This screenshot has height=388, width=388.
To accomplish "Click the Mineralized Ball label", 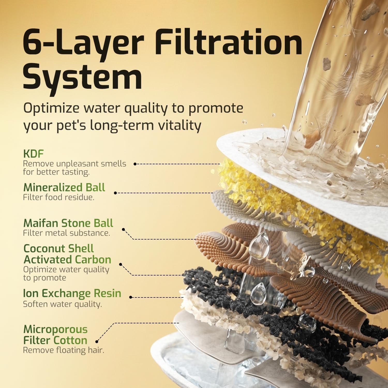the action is (64, 187).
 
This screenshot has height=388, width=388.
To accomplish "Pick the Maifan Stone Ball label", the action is (68, 223).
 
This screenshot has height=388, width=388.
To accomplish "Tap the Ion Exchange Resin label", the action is (72, 293).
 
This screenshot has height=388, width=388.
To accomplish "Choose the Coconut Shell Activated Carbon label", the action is (67, 254).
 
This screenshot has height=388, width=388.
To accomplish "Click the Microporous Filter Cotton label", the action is (56, 335).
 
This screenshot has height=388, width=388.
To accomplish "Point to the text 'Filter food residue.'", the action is (59, 197).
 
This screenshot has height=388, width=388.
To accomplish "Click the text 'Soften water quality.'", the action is (62, 304).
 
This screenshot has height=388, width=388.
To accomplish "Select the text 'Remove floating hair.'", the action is (63, 350).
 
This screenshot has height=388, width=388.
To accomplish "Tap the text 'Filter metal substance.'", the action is (66, 233).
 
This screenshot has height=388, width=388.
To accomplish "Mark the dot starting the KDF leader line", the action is (135, 164).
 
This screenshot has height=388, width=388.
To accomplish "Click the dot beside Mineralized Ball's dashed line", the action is (115, 193).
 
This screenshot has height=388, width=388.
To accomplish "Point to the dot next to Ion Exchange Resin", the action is (131, 297).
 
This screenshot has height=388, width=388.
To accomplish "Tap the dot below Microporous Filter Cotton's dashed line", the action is (97, 341).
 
